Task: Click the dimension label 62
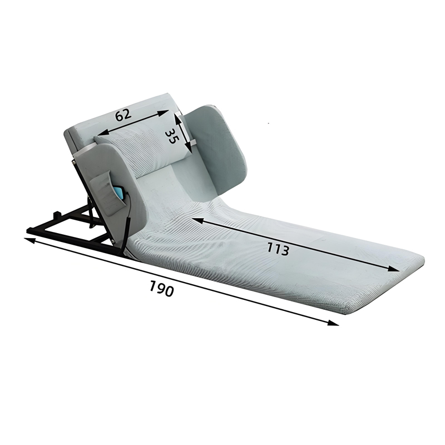[123, 114]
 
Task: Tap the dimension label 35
[172, 136]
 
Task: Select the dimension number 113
[278, 249]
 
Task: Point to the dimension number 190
[161, 288]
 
